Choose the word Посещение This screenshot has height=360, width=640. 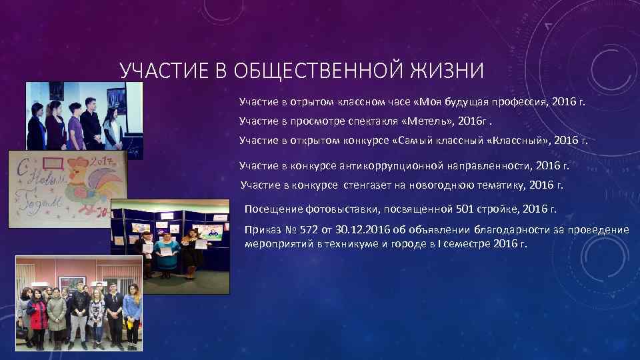tap(273, 209)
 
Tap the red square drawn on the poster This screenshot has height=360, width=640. tap(53, 163)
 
